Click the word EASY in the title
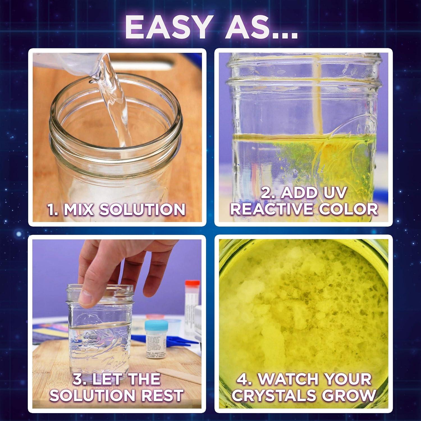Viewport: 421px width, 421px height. tap(167, 28)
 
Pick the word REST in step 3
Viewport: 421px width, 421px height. tap(161, 395)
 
